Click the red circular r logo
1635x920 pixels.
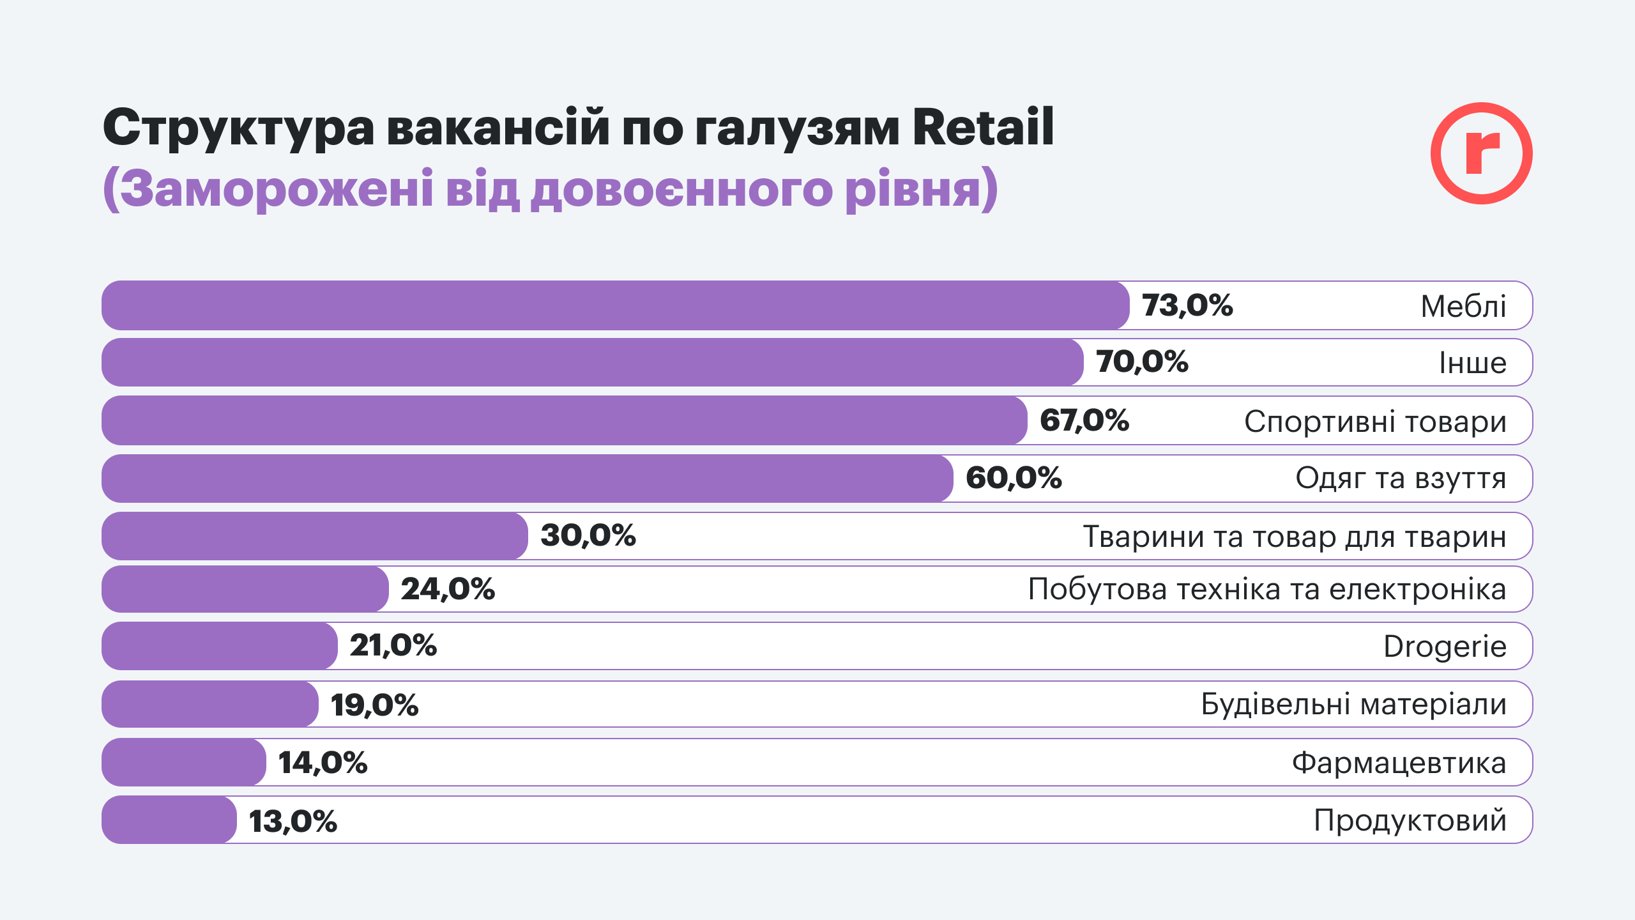click(x=1481, y=153)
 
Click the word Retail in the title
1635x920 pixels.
click(x=983, y=127)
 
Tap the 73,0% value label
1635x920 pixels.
click(x=1187, y=305)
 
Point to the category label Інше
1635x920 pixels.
click(x=1472, y=363)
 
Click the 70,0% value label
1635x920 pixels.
click(x=1142, y=362)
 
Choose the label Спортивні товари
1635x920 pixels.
click(x=1375, y=422)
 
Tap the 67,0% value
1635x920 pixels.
click(x=1084, y=420)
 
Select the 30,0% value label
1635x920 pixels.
click(x=588, y=535)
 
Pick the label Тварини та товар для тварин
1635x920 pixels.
click(x=1295, y=537)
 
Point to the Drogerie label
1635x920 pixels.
click(x=1445, y=647)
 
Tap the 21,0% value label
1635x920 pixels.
click(x=393, y=645)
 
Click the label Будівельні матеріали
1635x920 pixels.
click(x=1353, y=704)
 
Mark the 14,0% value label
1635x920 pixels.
click(x=323, y=763)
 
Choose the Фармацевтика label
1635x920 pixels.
click(x=1399, y=763)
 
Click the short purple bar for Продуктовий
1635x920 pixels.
click(x=169, y=820)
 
